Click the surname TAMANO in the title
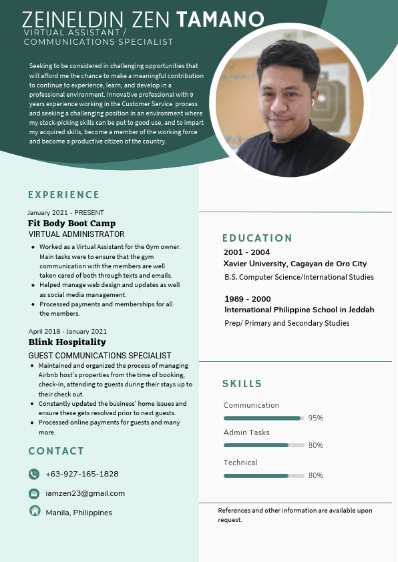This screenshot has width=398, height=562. [x=220, y=20]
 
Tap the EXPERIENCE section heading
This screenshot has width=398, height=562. [x=63, y=195]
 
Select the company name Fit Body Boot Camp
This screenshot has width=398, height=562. [x=71, y=223]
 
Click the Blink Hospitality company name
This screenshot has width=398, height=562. [x=67, y=342]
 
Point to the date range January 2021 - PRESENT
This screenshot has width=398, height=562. [x=66, y=212]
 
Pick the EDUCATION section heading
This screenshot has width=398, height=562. [x=257, y=238]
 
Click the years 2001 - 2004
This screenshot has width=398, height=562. [x=246, y=252]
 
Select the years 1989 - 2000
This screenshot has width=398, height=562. [x=247, y=298]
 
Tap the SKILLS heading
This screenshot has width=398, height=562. [x=242, y=384]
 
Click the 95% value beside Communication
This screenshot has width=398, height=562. [x=315, y=418]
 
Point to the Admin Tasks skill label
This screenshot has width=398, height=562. [x=246, y=433]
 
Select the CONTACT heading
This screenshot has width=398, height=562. [x=56, y=451]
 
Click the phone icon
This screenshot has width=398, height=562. [x=34, y=474]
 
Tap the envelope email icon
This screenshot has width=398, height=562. [x=34, y=493]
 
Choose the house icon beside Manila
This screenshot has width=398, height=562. [x=35, y=511]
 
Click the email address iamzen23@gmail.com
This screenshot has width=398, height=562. [x=85, y=493]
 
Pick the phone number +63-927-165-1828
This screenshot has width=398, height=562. [x=81, y=474]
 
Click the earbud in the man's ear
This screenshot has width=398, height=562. [x=312, y=104]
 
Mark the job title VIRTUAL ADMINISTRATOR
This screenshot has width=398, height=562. [x=76, y=234]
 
